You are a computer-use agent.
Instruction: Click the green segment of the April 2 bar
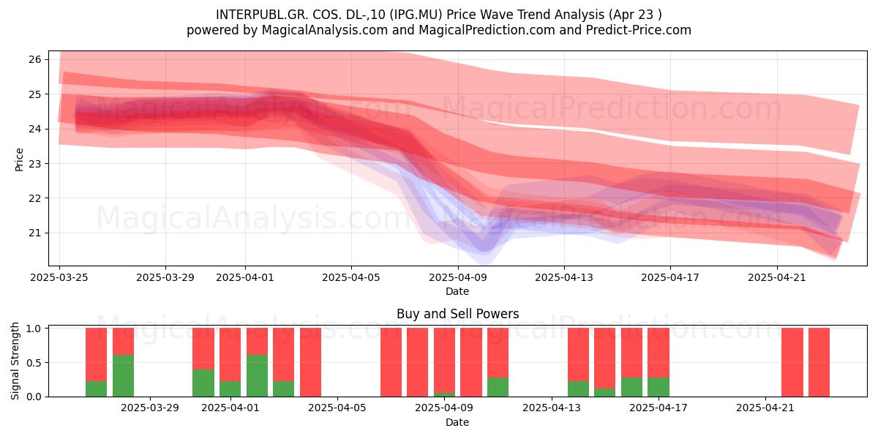click(257, 375)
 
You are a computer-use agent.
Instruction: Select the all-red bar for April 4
click(310, 362)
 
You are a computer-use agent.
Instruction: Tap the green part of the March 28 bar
click(123, 375)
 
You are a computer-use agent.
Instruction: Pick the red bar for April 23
click(819, 362)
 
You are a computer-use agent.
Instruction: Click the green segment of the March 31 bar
click(203, 383)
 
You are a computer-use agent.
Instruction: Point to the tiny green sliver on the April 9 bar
click(445, 394)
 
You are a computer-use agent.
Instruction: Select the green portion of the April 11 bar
click(498, 387)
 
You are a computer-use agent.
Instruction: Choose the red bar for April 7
click(391, 362)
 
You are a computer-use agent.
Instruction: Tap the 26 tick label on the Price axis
click(35, 59)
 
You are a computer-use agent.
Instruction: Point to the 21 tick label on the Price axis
click(35, 233)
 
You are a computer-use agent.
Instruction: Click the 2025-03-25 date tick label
click(59, 277)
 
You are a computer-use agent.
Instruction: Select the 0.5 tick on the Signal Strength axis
click(34, 363)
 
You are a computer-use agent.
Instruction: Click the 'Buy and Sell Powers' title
click(457, 314)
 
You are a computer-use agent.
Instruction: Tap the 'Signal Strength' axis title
click(15, 361)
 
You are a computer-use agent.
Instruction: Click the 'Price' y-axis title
click(19, 160)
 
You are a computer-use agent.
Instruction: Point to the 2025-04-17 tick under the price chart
click(670, 277)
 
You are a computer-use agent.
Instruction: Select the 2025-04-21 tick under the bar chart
click(765, 408)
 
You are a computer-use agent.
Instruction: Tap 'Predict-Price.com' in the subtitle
click(639, 30)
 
